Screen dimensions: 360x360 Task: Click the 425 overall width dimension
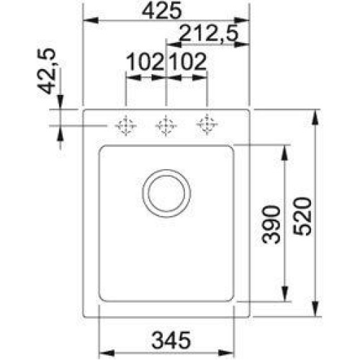(x=161, y=11)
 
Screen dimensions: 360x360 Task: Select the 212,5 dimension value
(x=209, y=33)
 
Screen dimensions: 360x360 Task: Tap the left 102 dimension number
(x=145, y=62)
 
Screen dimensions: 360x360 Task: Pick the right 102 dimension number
(x=188, y=62)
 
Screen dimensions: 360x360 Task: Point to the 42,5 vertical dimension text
(x=47, y=71)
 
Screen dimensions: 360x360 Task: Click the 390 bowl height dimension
(x=271, y=225)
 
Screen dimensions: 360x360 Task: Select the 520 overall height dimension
(x=302, y=216)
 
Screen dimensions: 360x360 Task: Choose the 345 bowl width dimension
(x=171, y=340)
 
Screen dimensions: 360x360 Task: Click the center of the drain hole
(x=166, y=193)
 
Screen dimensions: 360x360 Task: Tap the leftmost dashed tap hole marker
(x=126, y=125)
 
